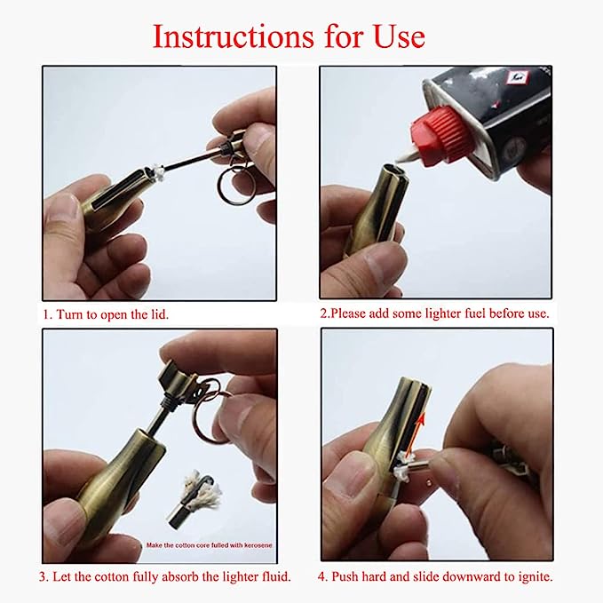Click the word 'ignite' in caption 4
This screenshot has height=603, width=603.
[534, 576]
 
